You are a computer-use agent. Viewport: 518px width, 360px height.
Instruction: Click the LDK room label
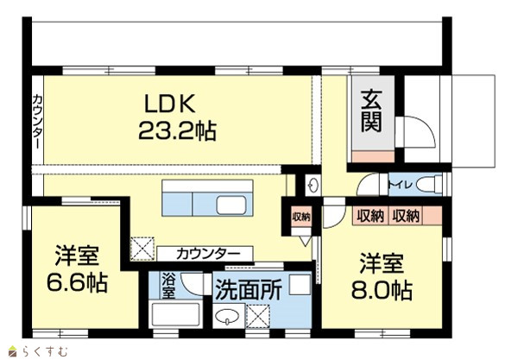(x=170, y=104)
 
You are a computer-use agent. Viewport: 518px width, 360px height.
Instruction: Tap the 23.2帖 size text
(x=177, y=130)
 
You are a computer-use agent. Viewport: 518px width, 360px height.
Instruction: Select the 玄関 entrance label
(x=371, y=111)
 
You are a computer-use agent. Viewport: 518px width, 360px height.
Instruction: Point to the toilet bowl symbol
(x=429, y=184)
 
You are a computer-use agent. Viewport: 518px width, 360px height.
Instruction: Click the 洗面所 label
(x=249, y=290)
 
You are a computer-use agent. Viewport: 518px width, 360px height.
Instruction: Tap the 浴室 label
(x=167, y=286)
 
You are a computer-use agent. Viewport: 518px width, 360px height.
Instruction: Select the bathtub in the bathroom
(x=175, y=314)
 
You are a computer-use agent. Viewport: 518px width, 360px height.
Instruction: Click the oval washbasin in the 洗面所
(x=226, y=317)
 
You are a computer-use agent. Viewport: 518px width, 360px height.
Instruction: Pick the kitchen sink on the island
(x=231, y=205)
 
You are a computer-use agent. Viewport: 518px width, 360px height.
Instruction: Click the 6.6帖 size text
(x=78, y=282)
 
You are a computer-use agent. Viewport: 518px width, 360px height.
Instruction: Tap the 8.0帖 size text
(x=382, y=290)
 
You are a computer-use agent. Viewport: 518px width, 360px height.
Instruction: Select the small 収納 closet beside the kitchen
(x=301, y=217)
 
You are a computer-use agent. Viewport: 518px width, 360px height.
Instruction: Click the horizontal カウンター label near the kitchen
(x=207, y=254)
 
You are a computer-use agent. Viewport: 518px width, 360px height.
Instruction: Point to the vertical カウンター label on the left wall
(x=38, y=121)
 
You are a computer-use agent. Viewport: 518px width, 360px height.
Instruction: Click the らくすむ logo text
(x=45, y=351)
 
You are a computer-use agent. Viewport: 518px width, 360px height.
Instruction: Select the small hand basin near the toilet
(x=313, y=185)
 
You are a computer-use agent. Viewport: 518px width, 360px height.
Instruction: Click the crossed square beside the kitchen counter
(x=142, y=249)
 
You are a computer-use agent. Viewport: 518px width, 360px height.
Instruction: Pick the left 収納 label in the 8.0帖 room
(x=370, y=216)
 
